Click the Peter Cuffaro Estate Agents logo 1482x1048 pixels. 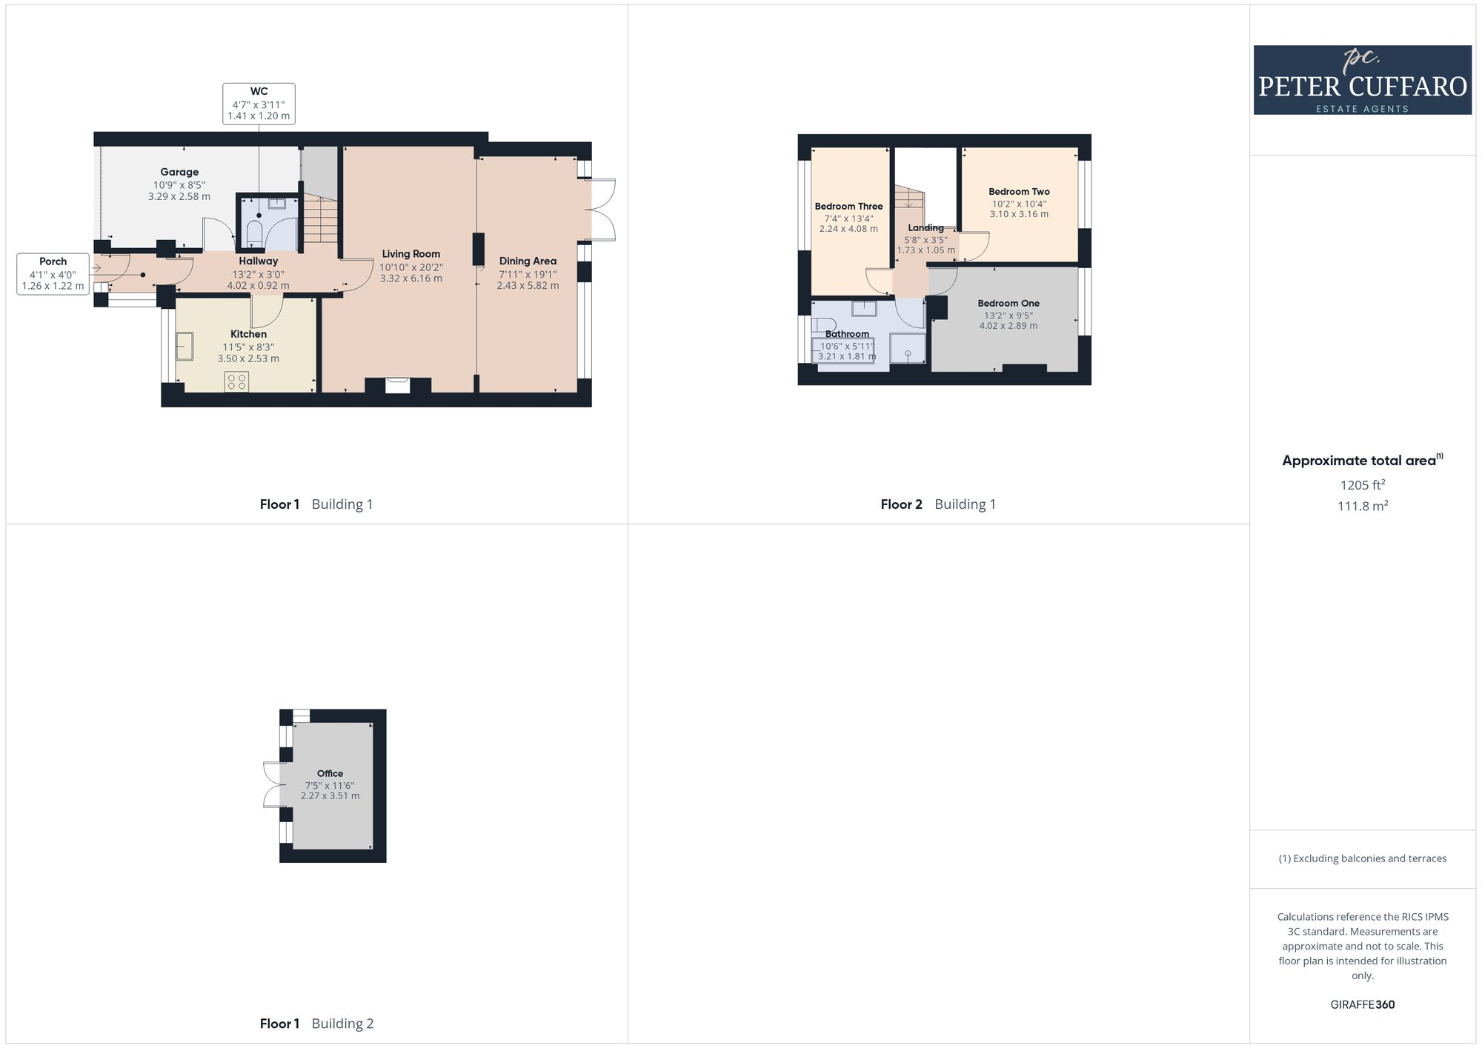click(1362, 80)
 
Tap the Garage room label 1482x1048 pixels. click(179, 172)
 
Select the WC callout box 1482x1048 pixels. click(259, 104)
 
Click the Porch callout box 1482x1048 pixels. click(53, 273)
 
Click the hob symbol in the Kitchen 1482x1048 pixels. click(237, 381)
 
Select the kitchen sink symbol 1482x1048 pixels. click(185, 346)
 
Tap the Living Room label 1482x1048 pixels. click(411, 254)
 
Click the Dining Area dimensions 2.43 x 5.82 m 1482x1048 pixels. click(528, 286)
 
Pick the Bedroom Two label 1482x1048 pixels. click(1019, 192)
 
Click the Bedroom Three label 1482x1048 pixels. click(848, 207)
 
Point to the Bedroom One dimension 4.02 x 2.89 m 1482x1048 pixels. click(1008, 326)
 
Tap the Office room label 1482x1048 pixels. click(330, 773)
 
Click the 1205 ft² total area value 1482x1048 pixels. click(1362, 485)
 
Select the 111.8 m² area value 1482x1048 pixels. click(1362, 507)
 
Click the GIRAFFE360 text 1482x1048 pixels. click(1362, 1005)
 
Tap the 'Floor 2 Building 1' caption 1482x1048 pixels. click(938, 504)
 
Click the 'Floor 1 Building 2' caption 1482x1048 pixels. click(316, 1024)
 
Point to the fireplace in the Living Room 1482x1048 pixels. click(398, 385)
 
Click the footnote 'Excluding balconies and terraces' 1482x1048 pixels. click(1362, 858)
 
